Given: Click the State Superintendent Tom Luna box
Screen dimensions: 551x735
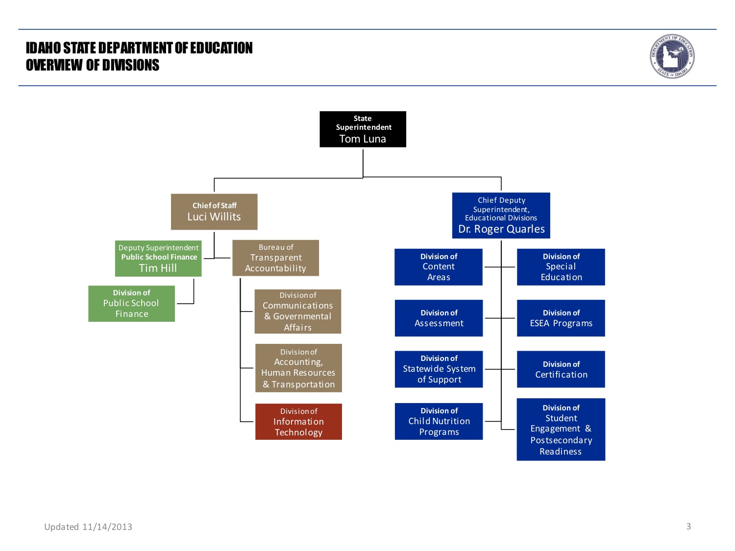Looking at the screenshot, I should [x=363, y=129].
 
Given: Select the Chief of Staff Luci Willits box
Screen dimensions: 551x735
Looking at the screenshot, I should [x=214, y=212].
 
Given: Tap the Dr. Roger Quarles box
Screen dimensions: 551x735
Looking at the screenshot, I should [x=501, y=216].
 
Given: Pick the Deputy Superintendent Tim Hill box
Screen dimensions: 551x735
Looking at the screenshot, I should [x=158, y=258].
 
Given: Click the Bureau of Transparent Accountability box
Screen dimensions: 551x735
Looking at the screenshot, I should [x=275, y=258].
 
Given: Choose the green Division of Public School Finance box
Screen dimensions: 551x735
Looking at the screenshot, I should [x=131, y=304].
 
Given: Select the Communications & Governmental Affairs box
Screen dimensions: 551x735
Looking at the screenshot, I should [x=297, y=311].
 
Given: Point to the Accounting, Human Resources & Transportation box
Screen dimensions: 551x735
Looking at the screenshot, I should [x=298, y=368].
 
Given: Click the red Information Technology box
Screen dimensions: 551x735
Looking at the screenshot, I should [x=298, y=422].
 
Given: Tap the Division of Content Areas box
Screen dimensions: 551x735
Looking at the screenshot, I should [x=439, y=267].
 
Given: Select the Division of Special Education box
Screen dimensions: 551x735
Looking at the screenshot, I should [x=561, y=267].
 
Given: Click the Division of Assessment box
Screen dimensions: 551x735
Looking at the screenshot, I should [x=439, y=318].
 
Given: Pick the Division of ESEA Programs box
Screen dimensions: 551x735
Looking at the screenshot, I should [x=561, y=318].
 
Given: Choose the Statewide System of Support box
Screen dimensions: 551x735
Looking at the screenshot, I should [x=439, y=369].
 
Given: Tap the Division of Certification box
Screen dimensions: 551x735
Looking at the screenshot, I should [x=561, y=369].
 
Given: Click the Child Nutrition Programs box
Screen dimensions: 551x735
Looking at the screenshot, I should [x=439, y=421].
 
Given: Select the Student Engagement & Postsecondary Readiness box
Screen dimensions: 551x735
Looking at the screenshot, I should [x=561, y=430].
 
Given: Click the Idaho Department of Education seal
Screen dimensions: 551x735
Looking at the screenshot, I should [x=672, y=56].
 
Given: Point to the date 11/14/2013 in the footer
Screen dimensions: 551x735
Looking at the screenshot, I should [x=107, y=527].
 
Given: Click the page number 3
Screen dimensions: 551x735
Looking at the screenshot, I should [x=688, y=527].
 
